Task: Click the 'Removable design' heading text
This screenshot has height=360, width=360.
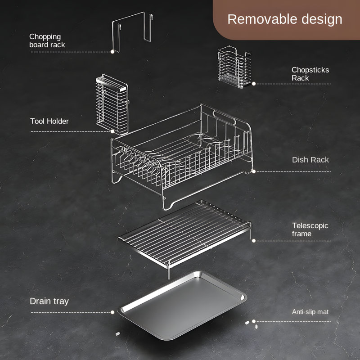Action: click(x=285, y=19)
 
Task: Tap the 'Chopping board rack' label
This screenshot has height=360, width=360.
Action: click(x=47, y=40)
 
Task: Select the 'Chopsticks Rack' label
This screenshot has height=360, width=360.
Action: click(x=310, y=74)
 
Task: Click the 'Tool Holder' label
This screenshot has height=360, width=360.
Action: click(x=49, y=121)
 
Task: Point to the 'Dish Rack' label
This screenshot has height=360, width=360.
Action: click(x=310, y=160)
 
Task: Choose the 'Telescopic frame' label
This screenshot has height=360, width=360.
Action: click(x=310, y=229)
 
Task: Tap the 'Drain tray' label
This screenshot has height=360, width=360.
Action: click(x=49, y=301)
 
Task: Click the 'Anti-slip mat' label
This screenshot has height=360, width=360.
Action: click(x=310, y=312)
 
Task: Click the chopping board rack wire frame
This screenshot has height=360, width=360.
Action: click(x=144, y=27)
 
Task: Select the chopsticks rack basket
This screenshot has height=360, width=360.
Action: click(x=234, y=67)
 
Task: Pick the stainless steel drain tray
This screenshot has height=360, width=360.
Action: click(x=183, y=306)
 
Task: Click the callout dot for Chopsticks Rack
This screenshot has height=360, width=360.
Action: click(x=254, y=84)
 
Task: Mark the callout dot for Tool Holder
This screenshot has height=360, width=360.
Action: click(x=112, y=131)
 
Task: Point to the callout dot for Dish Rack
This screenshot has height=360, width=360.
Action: click(x=254, y=171)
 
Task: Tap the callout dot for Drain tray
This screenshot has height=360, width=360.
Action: click(x=112, y=312)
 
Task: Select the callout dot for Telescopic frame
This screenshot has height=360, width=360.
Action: click(x=254, y=241)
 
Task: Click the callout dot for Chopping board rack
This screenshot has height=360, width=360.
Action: click(x=112, y=52)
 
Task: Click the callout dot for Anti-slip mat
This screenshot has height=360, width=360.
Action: click(x=254, y=321)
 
